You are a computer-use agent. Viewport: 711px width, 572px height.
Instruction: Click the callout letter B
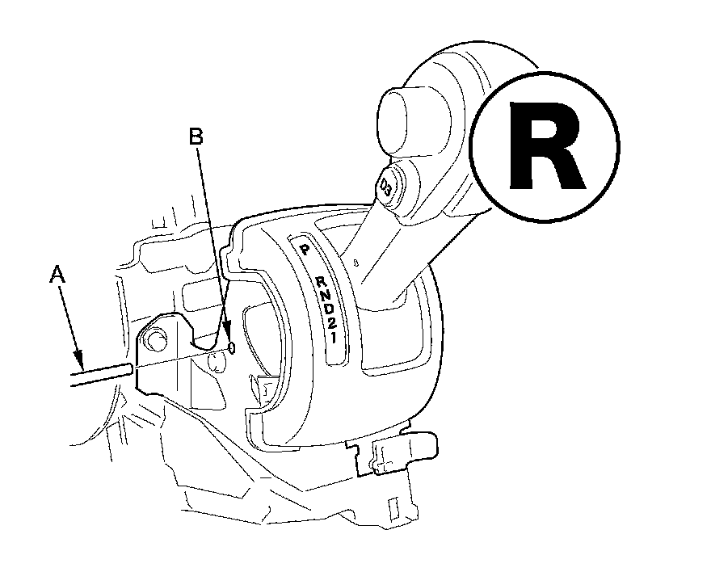click(196, 137)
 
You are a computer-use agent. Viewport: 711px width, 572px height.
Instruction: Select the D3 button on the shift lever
click(387, 187)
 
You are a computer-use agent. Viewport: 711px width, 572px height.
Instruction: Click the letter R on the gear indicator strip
click(319, 282)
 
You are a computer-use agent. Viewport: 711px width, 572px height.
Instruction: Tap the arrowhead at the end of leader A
click(78, 356)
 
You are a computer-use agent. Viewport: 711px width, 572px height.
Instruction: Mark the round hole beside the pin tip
click(216, 361)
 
